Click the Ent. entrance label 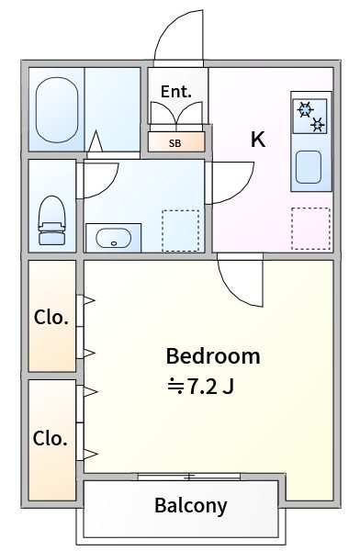(175, 92)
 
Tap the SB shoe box (174, 142)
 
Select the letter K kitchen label (258, 140)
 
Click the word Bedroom (212, 356)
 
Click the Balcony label (190, 505)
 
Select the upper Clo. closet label (51, 318)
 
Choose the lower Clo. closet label (51, 438)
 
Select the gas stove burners (310, 117)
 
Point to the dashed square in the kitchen (310, 228)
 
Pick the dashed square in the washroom (180, 230)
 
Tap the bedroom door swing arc (237, 280)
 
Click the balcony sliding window (189, 476)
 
